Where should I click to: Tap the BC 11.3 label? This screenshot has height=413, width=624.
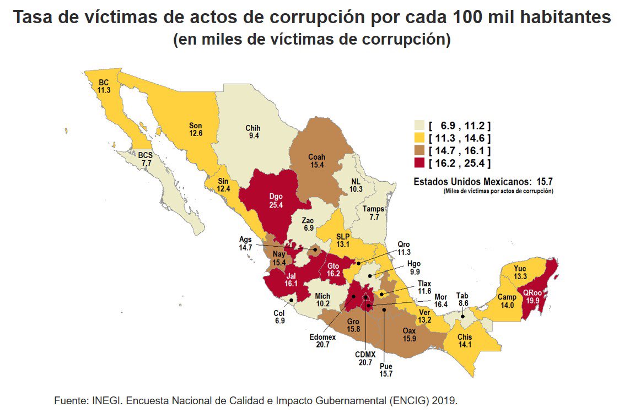point(104,86)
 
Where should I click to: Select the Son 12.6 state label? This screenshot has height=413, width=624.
point(196,129)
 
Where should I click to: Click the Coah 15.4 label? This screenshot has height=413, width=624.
point(316,161)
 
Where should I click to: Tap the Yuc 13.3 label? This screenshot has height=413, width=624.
point(520,272)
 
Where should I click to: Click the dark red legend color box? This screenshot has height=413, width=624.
point(420,162)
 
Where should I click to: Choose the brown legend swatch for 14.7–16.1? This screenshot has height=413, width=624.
point(420,150)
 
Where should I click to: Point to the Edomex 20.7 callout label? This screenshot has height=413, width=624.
point(322,340)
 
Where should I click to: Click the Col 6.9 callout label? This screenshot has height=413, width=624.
point(279,317)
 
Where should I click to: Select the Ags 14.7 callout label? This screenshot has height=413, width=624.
point(245,244)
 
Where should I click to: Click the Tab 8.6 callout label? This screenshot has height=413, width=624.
point(462,299)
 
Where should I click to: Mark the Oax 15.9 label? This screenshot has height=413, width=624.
point(410,335)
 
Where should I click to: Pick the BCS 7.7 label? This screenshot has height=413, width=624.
point(145,160)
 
